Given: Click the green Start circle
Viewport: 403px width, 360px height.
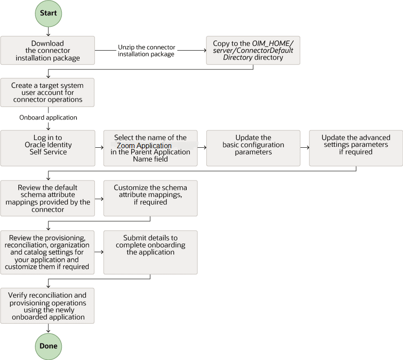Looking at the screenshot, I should click(x=48, y=13).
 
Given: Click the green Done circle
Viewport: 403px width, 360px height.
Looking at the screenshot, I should click(x=48, y=346).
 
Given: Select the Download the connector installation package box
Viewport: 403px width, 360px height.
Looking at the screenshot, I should click(x=47, y=51).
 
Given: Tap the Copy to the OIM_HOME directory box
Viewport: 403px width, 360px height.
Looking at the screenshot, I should click(x=253, y=51).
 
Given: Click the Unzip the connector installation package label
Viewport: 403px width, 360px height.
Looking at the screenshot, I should click(x=146, y=51).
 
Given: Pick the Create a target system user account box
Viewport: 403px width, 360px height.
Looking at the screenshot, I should click(x=47, y=93).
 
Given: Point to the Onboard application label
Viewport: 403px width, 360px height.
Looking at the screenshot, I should click(x=48, y=118).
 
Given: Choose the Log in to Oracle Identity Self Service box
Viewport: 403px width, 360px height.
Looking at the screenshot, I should click(x=47, y=148).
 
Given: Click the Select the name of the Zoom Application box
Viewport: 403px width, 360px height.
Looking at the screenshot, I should click(x=150, y=148).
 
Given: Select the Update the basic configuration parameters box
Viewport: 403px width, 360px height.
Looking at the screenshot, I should click(x=253, y=148).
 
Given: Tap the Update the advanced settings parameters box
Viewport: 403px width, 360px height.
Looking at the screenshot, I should click(x=356, y=148).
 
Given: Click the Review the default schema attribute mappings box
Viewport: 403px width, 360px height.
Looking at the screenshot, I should click(x=47, y=198).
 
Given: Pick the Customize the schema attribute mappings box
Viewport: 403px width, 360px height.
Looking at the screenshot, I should click(x=150, y=198).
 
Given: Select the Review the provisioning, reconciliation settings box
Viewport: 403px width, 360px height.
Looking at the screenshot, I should click(x=47, y=252).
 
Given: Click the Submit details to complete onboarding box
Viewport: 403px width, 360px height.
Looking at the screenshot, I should click(x=150, y=252).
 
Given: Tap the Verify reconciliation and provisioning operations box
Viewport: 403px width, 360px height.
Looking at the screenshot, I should click(x=47, y=306).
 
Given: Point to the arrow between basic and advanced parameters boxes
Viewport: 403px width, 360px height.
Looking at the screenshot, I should click(x=304, y=146).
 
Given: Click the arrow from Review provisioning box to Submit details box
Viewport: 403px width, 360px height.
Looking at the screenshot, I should click(x=99, y=252).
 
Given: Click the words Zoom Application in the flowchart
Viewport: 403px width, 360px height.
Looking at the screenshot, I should click(x=144, y=146).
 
